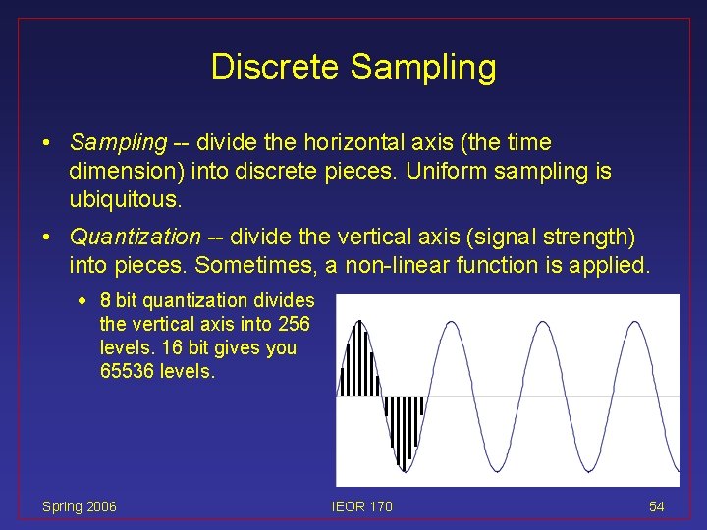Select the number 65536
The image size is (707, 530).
tap(130, 371)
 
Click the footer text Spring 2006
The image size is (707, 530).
tap(79, 506)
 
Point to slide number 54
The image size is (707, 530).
tap(656, 506)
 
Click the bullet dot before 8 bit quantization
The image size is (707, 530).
tap(89, 301)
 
